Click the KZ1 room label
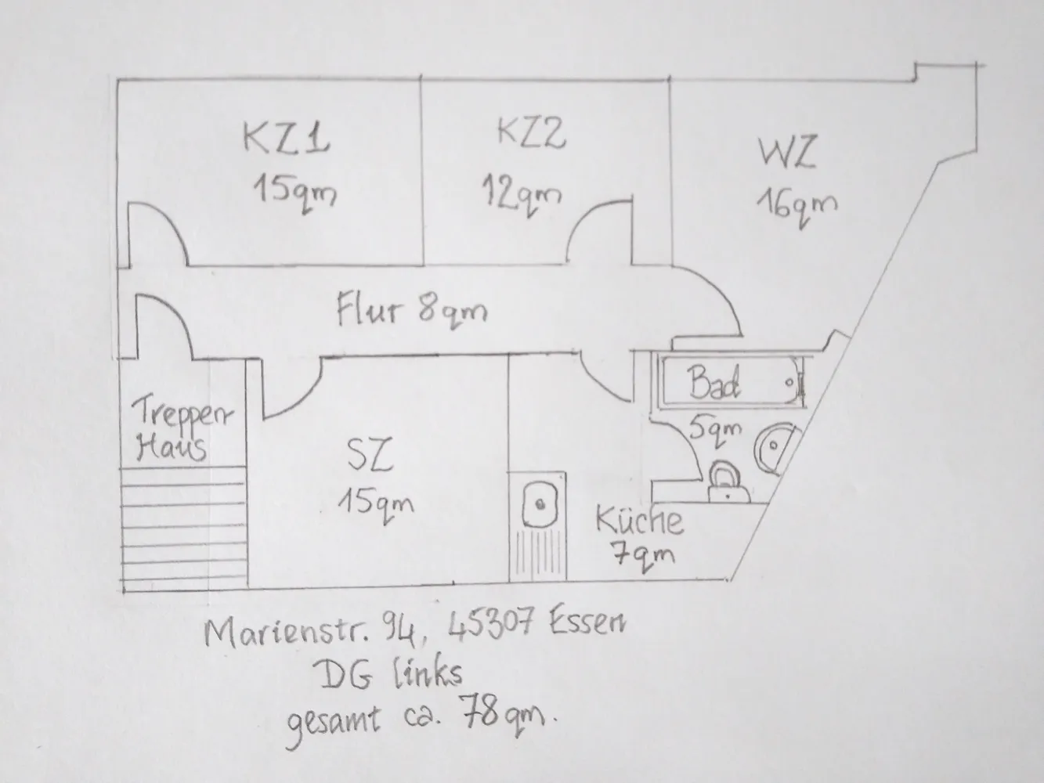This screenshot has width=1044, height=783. [x=287, y=138]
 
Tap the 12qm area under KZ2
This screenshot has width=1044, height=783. [x=522, y=195]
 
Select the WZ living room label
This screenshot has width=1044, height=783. [x=788, y=152]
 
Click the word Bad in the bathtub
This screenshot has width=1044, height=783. [x=713, y=382]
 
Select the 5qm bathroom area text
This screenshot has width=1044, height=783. [x=715, y=429]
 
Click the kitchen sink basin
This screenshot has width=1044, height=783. [x=540, y=505]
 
